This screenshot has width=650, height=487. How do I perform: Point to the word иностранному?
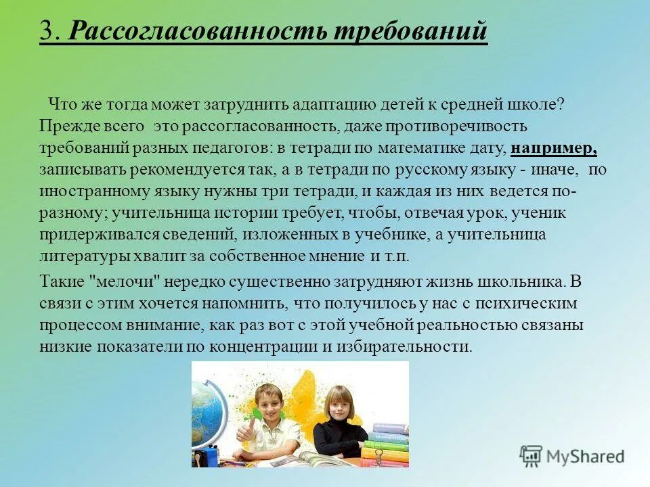(x=86, y=191)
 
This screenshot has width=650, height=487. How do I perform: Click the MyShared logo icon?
(x=531, y=456)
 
